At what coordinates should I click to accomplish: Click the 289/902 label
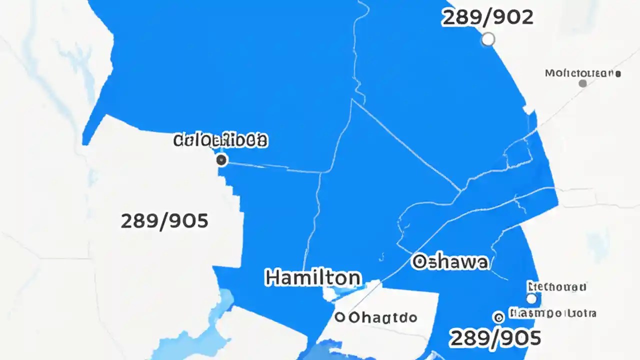coord(487,17)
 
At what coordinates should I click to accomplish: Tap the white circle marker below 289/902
coord(487,39)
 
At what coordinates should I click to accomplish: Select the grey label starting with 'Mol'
coord(582,73)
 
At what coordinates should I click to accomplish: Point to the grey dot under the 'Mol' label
coord(582,83)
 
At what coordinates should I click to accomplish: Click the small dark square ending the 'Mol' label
coord(619,73)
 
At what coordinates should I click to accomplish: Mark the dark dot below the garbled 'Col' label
coord(221,160)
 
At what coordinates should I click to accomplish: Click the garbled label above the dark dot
coord(220,140)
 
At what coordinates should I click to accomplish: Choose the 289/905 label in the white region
coord(164,220)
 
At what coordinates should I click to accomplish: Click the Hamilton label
coord(312,277)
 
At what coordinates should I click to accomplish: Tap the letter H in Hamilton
coord(272,277)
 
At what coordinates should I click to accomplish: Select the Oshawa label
coord(450,261)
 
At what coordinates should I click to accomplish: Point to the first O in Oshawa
coord(419,261)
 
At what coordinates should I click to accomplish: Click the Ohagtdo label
coord(383,317)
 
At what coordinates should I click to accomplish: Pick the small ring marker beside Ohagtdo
coord(340,316)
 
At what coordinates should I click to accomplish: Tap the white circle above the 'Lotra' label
coord(531,298)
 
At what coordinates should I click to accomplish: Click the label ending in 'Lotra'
coord(552,314)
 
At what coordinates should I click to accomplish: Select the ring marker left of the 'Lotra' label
coord(498,316)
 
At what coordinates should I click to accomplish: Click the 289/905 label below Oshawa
coord(495,338)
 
